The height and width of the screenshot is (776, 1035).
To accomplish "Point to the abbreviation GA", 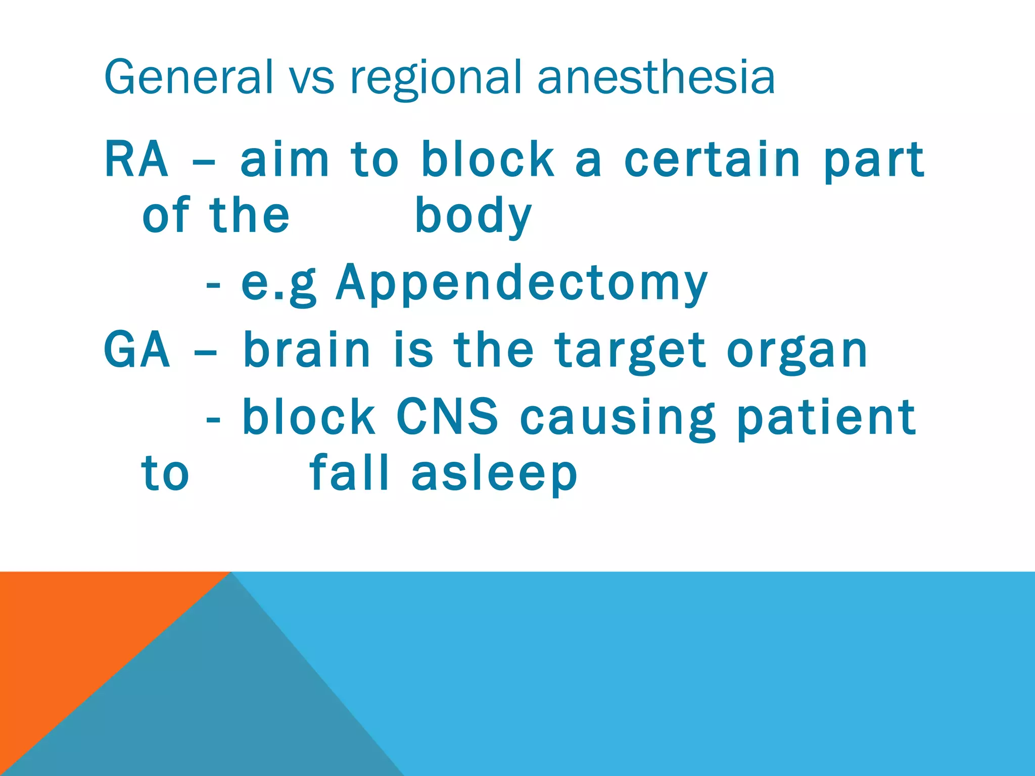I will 136,350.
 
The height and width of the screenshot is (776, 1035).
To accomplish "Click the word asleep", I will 494,474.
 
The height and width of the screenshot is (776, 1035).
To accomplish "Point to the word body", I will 473,216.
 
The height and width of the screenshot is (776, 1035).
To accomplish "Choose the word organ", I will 797,351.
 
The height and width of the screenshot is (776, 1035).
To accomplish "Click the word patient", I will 826,417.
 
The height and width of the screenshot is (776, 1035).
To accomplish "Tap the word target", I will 630,351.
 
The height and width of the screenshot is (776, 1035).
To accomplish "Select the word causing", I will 618,417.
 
